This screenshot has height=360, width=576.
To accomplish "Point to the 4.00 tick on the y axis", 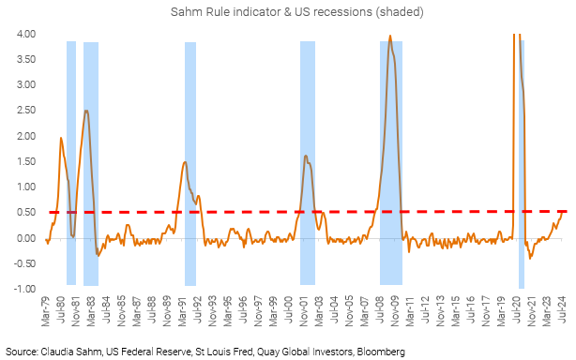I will click(25, 35).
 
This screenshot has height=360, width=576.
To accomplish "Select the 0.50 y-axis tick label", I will click(25, 213).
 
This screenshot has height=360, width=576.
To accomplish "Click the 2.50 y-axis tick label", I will click(25, 111).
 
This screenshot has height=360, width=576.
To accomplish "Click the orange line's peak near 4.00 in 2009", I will click(390, 37).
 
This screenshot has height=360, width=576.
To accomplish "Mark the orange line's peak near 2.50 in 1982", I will click(86, 111).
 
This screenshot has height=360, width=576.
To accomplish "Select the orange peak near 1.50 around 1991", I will click(185, 162).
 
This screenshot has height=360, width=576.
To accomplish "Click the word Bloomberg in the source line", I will click(379, 352).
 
